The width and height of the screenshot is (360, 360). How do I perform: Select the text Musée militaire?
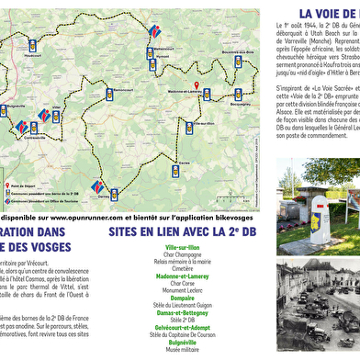(185, 356)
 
